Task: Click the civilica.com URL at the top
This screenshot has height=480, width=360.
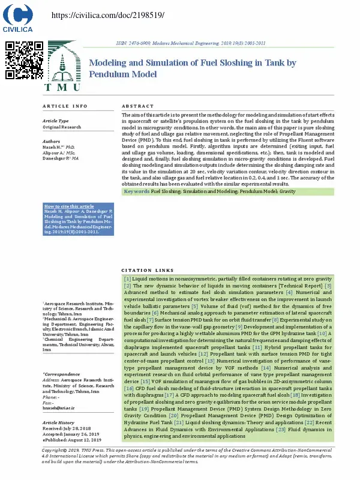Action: tap(108, 14)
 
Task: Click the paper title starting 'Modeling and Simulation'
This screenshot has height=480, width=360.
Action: tap(193, 68)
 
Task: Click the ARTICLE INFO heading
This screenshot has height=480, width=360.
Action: tap(65, 106)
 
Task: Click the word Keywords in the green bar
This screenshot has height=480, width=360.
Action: tap(137, 191)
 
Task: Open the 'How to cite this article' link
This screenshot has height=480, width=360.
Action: tap(69, 206)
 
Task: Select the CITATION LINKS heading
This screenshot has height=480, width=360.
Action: tap(147, 270)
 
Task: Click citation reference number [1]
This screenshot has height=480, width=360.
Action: tap(127, 280)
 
